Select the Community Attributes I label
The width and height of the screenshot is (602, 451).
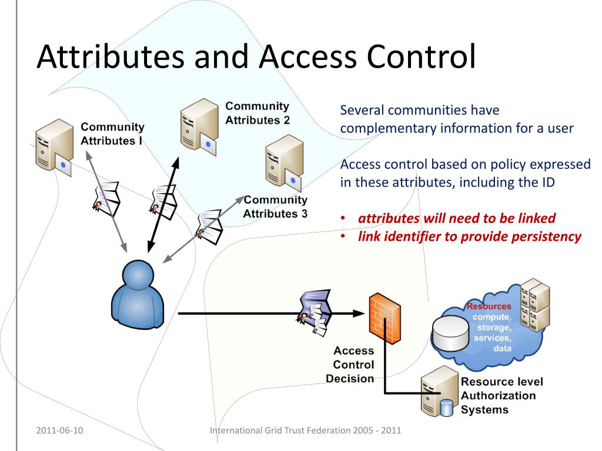(112, 134)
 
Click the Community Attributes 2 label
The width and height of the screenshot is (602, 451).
(257, 113)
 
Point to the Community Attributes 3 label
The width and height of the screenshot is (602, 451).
(275, 207)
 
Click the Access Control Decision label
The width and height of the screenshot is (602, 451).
(352, 365)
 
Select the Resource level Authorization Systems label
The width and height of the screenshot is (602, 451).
(501, 395)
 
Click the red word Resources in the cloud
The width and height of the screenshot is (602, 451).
(489, 306)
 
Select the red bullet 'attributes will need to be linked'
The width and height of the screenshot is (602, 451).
(457, 218)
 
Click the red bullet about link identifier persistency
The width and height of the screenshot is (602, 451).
(470, 237)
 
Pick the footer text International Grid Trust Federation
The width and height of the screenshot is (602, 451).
(306, 430)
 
